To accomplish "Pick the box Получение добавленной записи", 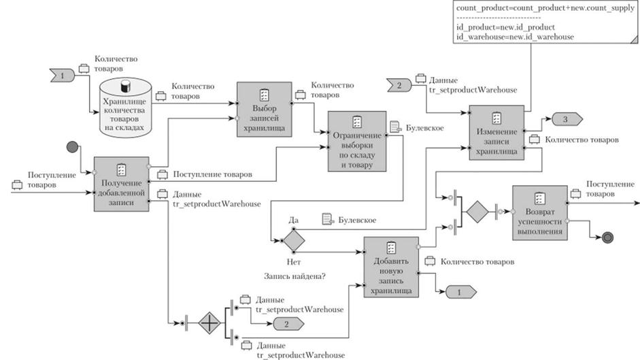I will (x=120, y=184).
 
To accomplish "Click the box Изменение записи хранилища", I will (x=496, y=133).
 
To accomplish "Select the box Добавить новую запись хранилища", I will (x=390, y=267).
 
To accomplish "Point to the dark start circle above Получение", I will (x=73, y=147).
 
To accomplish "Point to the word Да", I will (x=294, y=220).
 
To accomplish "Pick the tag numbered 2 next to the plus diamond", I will (x=286, y=323).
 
